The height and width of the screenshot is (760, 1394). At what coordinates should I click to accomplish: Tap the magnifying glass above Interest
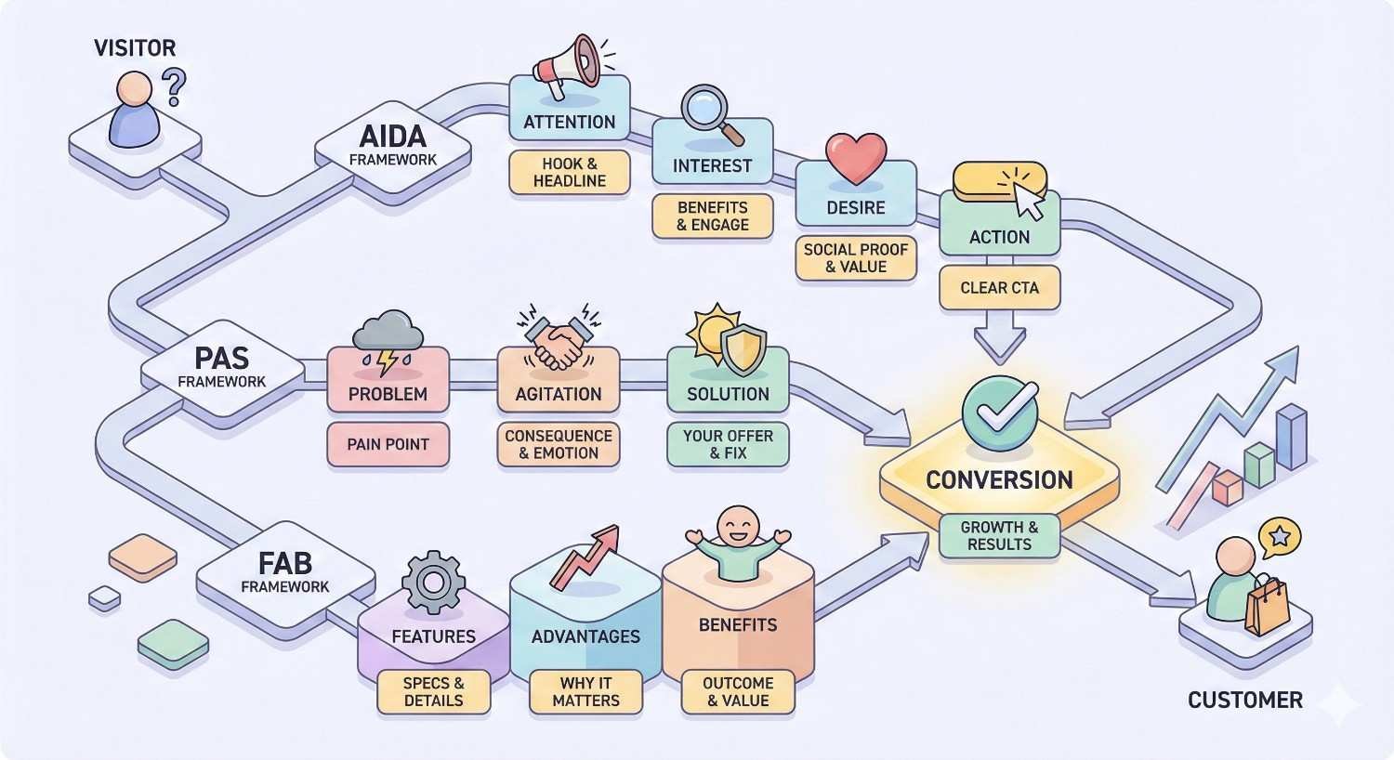point(711,114)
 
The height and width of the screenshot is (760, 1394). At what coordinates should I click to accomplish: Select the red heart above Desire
point(856,158)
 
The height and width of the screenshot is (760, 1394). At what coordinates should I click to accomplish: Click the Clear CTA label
point(999,288)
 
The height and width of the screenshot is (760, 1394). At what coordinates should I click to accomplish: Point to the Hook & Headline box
point(570,172)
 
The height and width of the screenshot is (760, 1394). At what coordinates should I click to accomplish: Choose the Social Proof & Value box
point(856,258)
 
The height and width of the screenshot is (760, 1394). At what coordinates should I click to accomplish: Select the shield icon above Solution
point(743,349)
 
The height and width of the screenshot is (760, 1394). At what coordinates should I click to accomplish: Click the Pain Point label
point(388,444)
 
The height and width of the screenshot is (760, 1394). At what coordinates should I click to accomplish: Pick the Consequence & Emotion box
point(558,444)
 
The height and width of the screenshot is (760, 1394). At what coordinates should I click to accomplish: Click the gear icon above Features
point(433,583)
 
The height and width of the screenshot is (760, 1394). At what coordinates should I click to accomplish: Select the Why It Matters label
point(585,691)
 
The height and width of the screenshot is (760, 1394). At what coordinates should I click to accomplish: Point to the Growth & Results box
point(999,535)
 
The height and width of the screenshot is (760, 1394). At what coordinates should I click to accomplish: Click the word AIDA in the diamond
point(392,137)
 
